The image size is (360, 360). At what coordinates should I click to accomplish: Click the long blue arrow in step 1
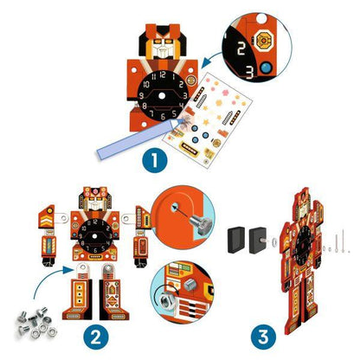click(131, 131)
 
